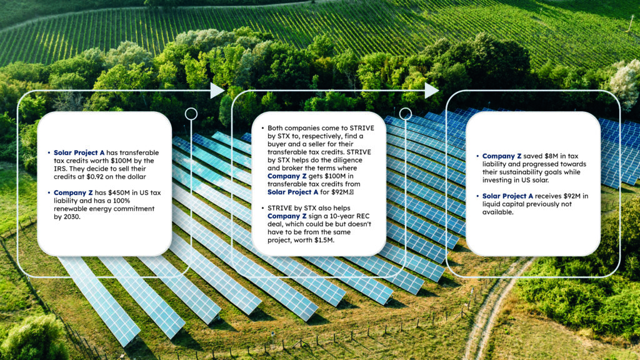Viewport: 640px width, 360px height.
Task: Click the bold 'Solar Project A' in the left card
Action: point(79,152)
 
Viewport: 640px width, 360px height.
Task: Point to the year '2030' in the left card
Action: point(72,217)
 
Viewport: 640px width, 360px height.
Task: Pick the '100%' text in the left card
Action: point(122,201)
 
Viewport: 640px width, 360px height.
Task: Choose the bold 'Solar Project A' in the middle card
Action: point(292,192)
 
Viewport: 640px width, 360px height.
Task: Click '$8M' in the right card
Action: point(551,156)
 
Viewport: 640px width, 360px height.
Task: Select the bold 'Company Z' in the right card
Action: point(502,156)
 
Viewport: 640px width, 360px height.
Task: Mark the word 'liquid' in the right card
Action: point(491,204)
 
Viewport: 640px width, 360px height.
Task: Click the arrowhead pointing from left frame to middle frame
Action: point(217,91)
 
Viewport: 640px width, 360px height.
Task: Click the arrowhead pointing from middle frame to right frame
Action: point(431,91)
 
